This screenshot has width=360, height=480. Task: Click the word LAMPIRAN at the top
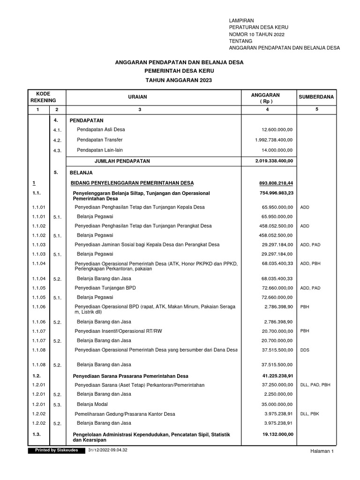click(x=241, y=21)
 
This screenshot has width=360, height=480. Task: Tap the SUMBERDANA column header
click(x=316, y=97)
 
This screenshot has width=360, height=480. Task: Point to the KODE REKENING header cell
click(x=43, y=97)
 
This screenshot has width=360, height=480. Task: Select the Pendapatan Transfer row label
click(x=101, y=140)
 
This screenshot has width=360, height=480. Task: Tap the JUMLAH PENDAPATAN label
click(x=122, y=161)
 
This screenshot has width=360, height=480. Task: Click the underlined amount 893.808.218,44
click(x=276, y=183)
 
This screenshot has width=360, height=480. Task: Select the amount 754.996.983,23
click(x=276, y=193)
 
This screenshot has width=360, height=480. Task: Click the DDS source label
click(x=305, y=350)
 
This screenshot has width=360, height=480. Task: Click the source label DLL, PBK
click(x=310, y=414)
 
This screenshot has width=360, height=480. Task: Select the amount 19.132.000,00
click(x=277, y=435)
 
